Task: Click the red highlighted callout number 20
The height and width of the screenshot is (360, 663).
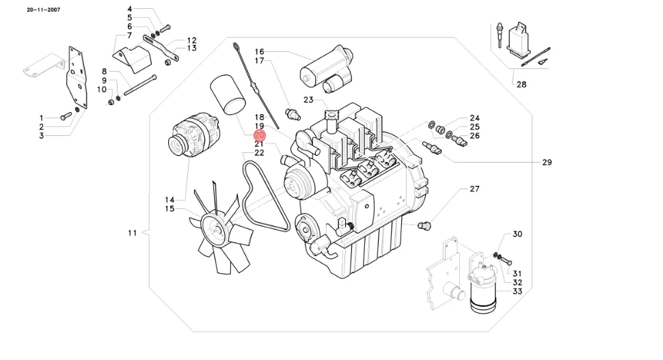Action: pyautogui.click(x=259, y=135)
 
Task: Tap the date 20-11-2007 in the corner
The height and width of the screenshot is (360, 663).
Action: pyautogui.click(x=44, y=10)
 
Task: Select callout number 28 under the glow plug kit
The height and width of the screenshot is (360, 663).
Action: pyautogui.click(x=522, y=85)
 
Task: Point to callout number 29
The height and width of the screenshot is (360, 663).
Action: pyautogui.click(x=547, y=163)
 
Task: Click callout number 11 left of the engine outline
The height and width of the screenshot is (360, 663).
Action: pyautogui.click(x=133, y=233)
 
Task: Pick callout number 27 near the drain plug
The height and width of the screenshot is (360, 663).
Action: pyautogui.click(x=474, y=189)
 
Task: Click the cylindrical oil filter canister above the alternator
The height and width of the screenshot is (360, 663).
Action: pyautogui.click(x=228, y=95)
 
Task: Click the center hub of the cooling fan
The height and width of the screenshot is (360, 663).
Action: pyautogui.click(x=217, y=229)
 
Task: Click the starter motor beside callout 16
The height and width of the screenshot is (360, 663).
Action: pyautogui.click(x=327, y=70)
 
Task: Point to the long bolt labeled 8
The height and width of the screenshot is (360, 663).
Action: pyautogui.click(x=140, y=85)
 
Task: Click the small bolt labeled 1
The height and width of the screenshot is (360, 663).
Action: pyautogui.click(x=66, y=115)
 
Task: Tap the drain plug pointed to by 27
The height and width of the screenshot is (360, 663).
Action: pyautogui.click(x=424, y=225)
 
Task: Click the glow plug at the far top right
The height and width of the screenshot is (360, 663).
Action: pyautogui.click(x=500, y=36)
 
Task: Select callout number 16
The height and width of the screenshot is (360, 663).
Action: pyautogui.click(x=259, y=51)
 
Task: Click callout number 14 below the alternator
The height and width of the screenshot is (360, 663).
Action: pyautogui.click(x=170, y=200)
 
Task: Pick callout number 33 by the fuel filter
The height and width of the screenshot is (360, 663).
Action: pyautogui.click(x=517, y=292)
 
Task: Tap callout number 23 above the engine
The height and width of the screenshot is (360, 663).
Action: pyautogui.click(x=308, y=100)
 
